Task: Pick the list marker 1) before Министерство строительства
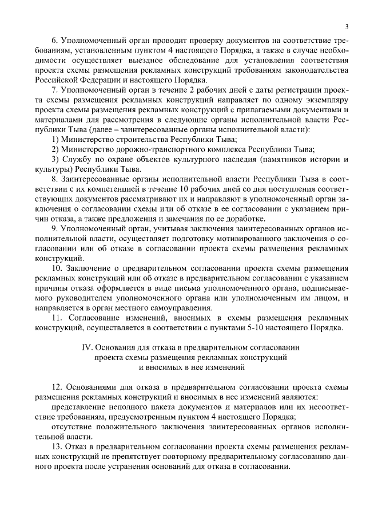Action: click(x=55, y=139)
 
